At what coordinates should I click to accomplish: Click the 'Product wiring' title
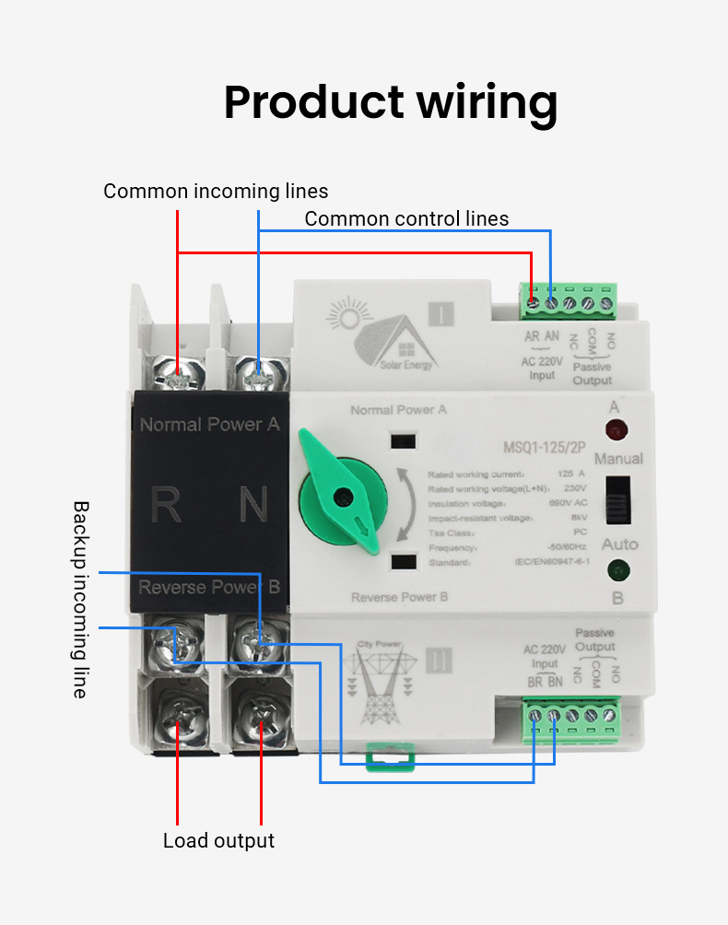click(x=390, y=102)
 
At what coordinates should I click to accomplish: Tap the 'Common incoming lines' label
click(x=216, y=192)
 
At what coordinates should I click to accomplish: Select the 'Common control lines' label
click(x=406, y=218)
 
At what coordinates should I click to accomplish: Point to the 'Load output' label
click(x=218, y=840)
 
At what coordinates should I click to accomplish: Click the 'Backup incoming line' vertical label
click(x=81, y=599)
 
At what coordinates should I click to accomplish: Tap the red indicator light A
click(x=614, y=429)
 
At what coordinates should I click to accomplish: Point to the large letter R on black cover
click(x=167, y=505)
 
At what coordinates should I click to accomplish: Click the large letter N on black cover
click(x=252, y=505)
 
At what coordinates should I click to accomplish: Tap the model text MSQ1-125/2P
click(x=546, y=449)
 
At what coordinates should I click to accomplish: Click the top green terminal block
click(x=569, y=299)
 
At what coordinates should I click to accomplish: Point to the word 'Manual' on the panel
click(x=618, y=459)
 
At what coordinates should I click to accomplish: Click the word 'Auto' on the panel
click(x=619, y=544)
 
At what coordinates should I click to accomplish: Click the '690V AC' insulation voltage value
click(x=569, y=504)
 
